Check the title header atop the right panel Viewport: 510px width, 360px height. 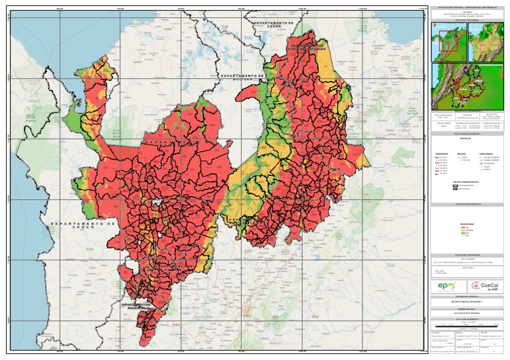467,7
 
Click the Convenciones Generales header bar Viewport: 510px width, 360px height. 467,134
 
